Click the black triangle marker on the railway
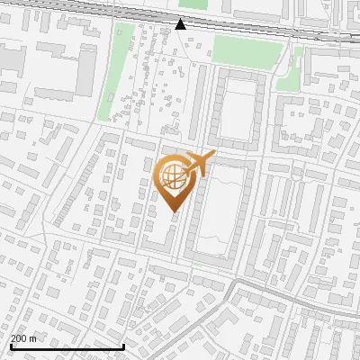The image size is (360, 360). point(181,23)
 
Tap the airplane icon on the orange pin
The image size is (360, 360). point(197,164)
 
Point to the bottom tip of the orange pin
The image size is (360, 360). point(175,212)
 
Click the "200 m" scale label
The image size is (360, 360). point(23,338)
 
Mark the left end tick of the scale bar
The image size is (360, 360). point(10,345)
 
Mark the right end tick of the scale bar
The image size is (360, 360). point(123,345)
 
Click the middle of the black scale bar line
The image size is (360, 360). point(67,346)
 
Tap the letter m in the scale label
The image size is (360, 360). point(33,338)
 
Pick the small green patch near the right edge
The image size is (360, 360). point(289,81)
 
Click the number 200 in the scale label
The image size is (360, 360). point(19,338)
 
